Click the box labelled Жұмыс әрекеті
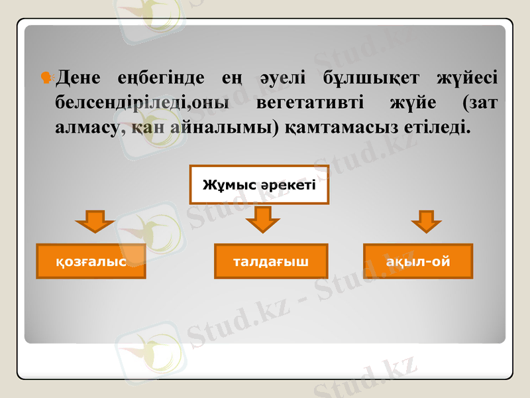[x=259, y=184]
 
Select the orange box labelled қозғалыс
[x=91, y=261]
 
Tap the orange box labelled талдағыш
[x=271, y=261]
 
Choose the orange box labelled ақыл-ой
[x=418, y=261]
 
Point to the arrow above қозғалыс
[x=96, y=221]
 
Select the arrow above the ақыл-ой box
[x=427, y=221]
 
